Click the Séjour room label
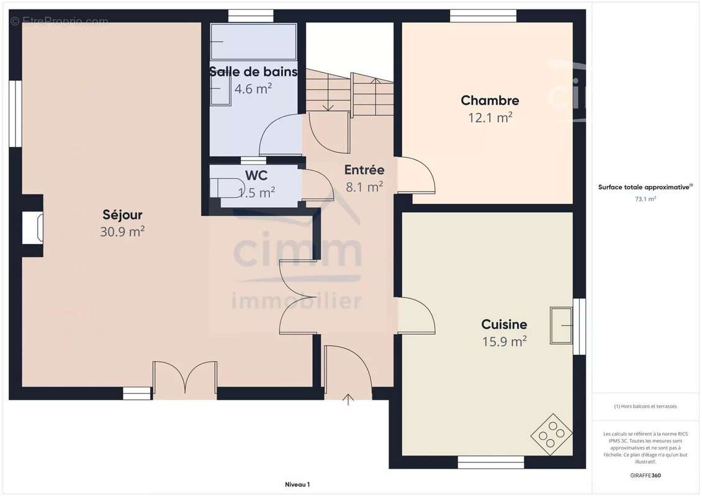click(122, 215)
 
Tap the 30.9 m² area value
click(122, 232)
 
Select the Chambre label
click(490, 100)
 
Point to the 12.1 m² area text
click(490, 117)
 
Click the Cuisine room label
click(504, 324)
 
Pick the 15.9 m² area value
click(504, 342)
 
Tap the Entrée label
click(364, 170)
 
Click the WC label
click(256, 175)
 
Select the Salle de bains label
click(253, 71)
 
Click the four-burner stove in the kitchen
click(552, 432)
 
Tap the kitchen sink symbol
click(561, 325)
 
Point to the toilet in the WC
click(227, 187)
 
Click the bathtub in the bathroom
click(253, 42)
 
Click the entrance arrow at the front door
click(348, 399)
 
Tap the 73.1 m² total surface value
click(645, 199)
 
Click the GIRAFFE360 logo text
click(645, 476)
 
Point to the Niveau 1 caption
click(297, 484)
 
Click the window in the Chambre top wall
click(483, 16)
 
